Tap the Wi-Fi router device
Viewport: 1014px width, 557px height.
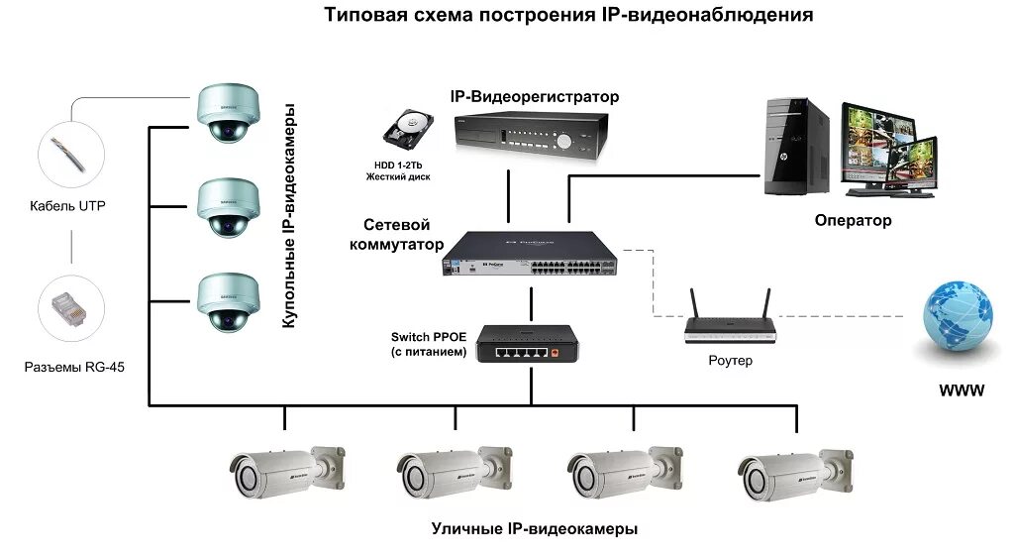tap(730, 326)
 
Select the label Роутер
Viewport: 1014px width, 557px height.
tap(730, 361)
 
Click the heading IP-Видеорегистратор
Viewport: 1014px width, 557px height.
tap(534, 97)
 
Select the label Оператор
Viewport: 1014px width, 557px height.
tap(853, 220)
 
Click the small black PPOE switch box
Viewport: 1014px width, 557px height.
tap(526, 345)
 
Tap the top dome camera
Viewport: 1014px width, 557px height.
tap(227, 115)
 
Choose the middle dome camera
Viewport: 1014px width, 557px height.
tap(227, 207)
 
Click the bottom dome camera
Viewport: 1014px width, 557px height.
tap(227, 301)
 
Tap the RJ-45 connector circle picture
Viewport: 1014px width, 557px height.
tap(70, 306)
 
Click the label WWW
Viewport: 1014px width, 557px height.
tap(962, 390)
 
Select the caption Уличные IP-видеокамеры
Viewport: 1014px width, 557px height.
tap(534, 529)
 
